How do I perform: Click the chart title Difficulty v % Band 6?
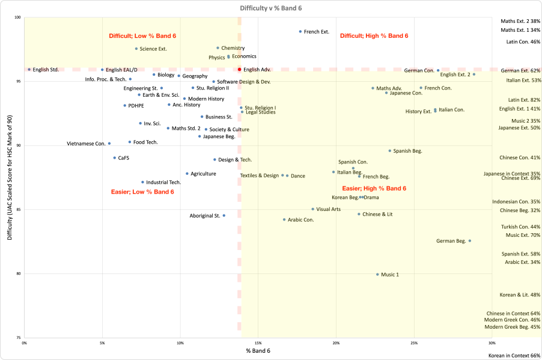point(270,7)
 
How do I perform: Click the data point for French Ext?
point(300,31)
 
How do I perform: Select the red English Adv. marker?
point(240,70)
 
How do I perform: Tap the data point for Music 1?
point(377,274)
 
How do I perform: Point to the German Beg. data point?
point(470,240)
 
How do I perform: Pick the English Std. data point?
point(29,70)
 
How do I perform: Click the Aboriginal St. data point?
point(224,215)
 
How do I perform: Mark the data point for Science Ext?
point(136,49)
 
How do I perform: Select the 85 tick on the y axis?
point(18,210)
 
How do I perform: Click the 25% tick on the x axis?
point(414,343)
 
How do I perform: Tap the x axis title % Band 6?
point(258,350)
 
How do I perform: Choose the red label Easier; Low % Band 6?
point(142,192)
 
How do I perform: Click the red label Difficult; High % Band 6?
point(374,36)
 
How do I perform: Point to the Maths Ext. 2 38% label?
point(520,21)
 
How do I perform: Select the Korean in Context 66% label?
point(514,356)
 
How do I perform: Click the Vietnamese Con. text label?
point(86,144)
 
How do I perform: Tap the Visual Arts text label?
point(329,209)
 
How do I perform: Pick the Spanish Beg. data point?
point(390,151)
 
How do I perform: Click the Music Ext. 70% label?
point(523,235)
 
